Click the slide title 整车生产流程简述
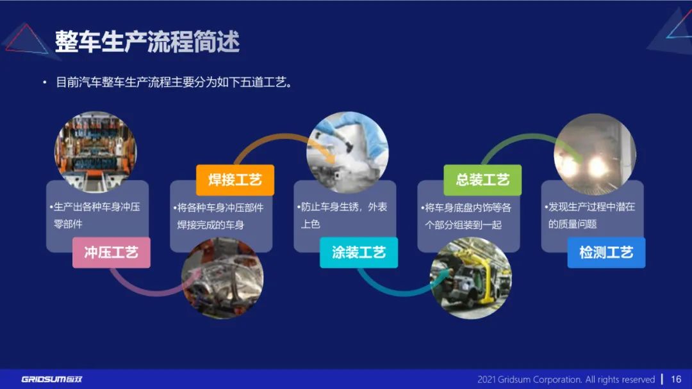pos(147,42)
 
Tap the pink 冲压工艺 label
pos(111,252)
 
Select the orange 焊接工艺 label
pos(235,180)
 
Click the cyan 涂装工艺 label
pos(359,252)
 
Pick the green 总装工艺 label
pos(482,180)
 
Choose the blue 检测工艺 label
pos(606,252)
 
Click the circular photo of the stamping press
pos(95,151)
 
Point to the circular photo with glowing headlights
pos(595,154)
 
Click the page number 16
pos(676,379)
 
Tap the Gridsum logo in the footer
pos(52,379)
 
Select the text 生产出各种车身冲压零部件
pos(97,216)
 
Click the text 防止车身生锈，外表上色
pos(344,216)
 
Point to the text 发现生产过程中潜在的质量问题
pos(591,216)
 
